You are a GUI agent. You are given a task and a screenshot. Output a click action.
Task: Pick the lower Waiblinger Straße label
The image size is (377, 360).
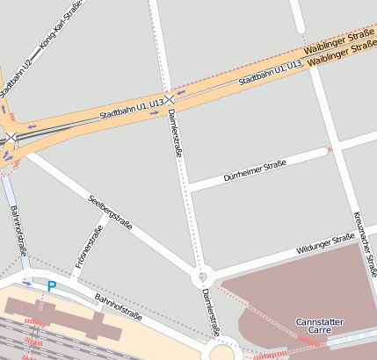[343, 54]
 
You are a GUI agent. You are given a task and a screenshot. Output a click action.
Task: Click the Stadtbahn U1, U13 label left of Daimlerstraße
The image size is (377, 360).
[131, 110]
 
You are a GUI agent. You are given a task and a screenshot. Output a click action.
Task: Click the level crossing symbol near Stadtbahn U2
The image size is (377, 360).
[11, 138]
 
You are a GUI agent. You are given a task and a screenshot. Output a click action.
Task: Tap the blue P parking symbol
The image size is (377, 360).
[52, 285]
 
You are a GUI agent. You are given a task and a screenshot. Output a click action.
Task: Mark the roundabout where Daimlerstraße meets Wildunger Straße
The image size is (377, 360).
[201, 277]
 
